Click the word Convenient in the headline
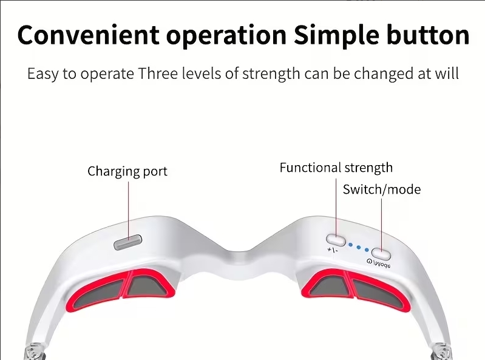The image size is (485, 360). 89,35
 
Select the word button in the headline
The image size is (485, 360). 429,35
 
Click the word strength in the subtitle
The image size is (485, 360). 271,74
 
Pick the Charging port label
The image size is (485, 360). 127,172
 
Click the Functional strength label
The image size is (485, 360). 336,168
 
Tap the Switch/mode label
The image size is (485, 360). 382,189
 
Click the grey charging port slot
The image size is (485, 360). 128,242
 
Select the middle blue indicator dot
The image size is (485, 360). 359,248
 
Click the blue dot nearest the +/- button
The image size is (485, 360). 350,245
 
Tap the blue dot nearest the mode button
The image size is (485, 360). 367,250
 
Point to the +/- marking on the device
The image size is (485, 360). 333,250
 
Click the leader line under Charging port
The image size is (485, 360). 129,210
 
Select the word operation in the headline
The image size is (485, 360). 226,36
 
